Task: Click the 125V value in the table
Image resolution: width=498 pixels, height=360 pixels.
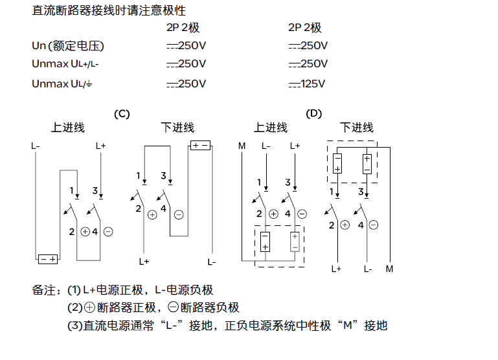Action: [x=308, y=84]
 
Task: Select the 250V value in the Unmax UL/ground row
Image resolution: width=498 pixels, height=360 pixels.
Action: [x=186, y=84]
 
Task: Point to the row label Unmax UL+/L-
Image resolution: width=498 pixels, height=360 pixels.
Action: [x=65, y=64]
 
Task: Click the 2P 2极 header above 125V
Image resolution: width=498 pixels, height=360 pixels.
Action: [x=304, y=27]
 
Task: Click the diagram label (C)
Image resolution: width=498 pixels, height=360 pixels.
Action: [x=122, y=113]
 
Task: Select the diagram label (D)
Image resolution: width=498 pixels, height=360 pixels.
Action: [x=314, y=113]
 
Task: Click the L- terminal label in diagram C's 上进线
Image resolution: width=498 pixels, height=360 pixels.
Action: [x=36, y=146]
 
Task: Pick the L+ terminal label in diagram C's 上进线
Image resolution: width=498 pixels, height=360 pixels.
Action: [x=100, y=146]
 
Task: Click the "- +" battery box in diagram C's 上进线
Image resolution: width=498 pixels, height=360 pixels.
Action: [x=48, y=259]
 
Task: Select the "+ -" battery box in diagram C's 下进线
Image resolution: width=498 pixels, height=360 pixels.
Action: [x=201, y=145]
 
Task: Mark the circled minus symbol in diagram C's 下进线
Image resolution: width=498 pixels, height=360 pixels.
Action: [x=179, y=214]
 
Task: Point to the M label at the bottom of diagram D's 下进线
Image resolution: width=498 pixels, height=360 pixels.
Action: [x=389, y=268]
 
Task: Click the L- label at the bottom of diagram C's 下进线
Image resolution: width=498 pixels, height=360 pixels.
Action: [x=212, y=262]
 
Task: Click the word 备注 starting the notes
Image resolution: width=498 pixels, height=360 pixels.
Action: [x=43, y=289]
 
